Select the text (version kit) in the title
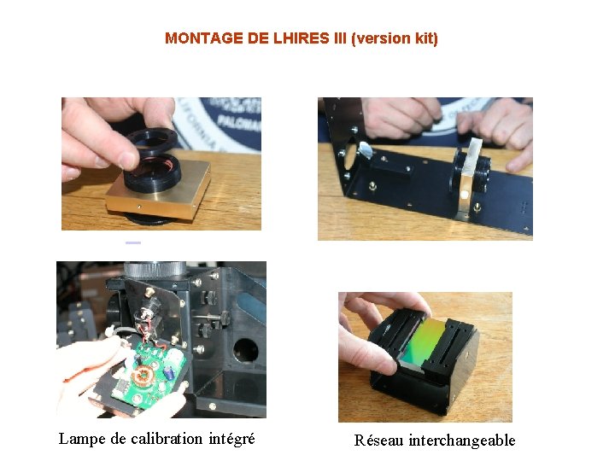(394, 38)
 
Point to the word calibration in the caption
(167, 438)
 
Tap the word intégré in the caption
(231, 439)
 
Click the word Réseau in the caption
(378, 440)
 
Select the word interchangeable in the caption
(462, 441)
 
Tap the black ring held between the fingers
(152, 140)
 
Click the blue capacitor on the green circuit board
(169, 373)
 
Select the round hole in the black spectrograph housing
(246, 350)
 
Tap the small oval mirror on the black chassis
(365, 149)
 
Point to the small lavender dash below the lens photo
(133, 243)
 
